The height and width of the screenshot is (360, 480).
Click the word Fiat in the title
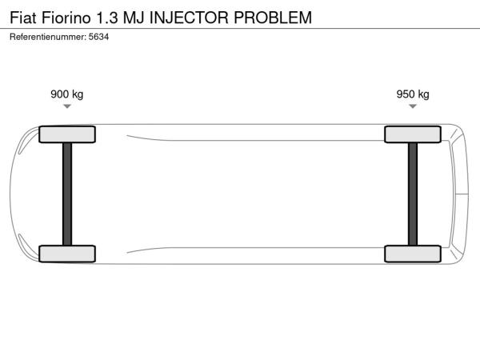click(23, 18)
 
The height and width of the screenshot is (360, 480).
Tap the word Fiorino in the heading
click(66, 18)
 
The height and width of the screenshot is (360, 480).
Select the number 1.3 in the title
click(107, 18)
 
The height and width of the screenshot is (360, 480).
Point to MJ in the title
click(134, 18)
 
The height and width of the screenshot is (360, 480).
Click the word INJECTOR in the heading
click(189, 18)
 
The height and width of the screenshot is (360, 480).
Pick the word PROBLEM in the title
click(273, 18)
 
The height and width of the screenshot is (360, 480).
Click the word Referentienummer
click(48, 37)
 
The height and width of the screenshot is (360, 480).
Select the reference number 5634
click(98, 37)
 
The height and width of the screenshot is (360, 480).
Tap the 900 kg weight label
click(66, 94)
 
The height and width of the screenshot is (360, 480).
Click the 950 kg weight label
click(413, 94)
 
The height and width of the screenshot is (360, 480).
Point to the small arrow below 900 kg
click(67, 106)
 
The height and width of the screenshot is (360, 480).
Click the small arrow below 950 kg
click(413, 106)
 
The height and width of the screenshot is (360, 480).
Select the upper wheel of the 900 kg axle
click(67, 134)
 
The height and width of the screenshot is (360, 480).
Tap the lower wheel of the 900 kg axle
click(67, 254)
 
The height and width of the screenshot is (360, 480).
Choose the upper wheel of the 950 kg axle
click(413, 134)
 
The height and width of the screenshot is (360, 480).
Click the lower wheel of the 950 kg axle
click(413, 254)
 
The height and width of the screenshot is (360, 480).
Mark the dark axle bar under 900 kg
click(67, 194)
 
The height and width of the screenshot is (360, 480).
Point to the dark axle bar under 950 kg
click(413, 194)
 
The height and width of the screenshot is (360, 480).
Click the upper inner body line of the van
click(256, 141)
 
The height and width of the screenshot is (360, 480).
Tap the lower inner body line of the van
click(256, 248)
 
